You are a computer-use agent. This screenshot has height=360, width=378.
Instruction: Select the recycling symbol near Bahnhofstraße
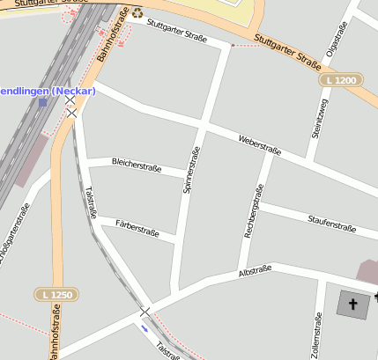[137, 13]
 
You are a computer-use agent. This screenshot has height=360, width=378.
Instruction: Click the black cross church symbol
[354, 305]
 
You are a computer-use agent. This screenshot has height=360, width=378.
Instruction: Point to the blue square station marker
[42, 102]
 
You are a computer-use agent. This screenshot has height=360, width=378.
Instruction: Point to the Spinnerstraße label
[190, 169]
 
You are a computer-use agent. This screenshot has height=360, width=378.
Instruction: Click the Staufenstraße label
[331, 224]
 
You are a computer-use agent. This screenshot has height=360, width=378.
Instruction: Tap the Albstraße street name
[256, 271]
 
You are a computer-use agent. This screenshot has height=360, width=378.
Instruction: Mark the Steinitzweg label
[319, 118]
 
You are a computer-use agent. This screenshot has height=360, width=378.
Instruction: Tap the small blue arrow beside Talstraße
[144, 329]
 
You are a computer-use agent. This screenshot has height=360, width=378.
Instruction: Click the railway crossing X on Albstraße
[145, 312]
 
